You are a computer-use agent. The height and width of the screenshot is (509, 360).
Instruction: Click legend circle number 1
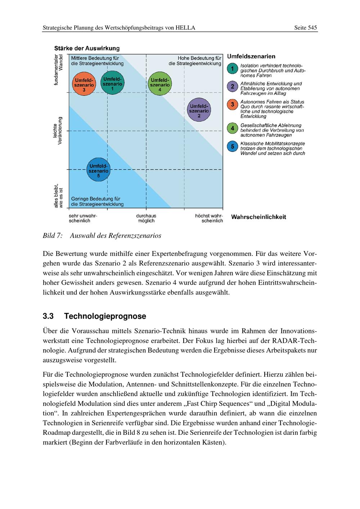233,68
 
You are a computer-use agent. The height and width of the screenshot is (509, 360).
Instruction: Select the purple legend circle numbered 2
233,86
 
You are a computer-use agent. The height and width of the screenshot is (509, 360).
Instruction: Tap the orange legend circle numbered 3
233,104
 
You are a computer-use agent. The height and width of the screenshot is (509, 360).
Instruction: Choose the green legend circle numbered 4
233,128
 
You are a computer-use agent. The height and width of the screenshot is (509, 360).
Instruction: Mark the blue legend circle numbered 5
233,147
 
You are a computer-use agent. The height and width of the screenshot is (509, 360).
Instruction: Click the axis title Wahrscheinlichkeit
258,217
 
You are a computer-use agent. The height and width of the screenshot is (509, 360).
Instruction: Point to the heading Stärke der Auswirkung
87,48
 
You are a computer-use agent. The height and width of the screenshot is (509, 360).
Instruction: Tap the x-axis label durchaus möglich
146,218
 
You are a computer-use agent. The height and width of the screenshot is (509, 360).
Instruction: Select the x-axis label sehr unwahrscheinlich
83,218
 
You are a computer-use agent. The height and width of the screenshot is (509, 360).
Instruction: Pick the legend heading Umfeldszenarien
251,57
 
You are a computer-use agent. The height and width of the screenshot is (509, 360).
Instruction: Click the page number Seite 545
305,28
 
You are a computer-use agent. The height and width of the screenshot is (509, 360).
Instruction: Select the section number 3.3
48,316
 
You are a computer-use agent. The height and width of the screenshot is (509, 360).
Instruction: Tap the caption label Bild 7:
53,236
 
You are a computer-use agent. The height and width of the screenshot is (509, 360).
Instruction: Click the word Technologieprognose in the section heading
105,316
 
